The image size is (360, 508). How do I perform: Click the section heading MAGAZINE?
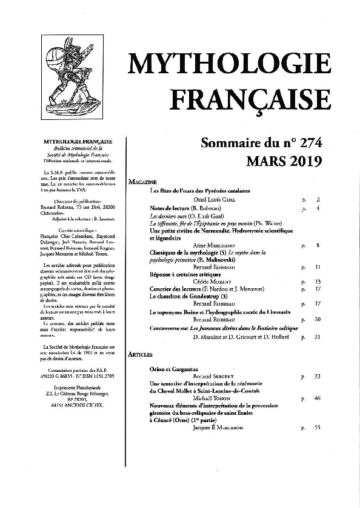[142, 182]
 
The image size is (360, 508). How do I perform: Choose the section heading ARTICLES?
[141, 354]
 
